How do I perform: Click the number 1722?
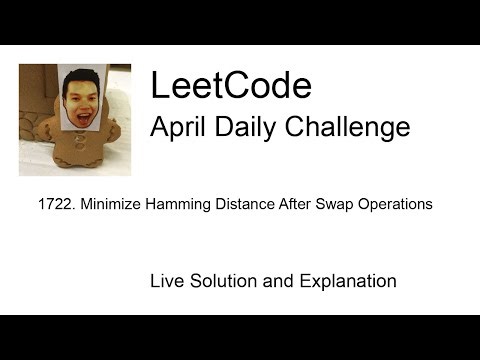point(49,204)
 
